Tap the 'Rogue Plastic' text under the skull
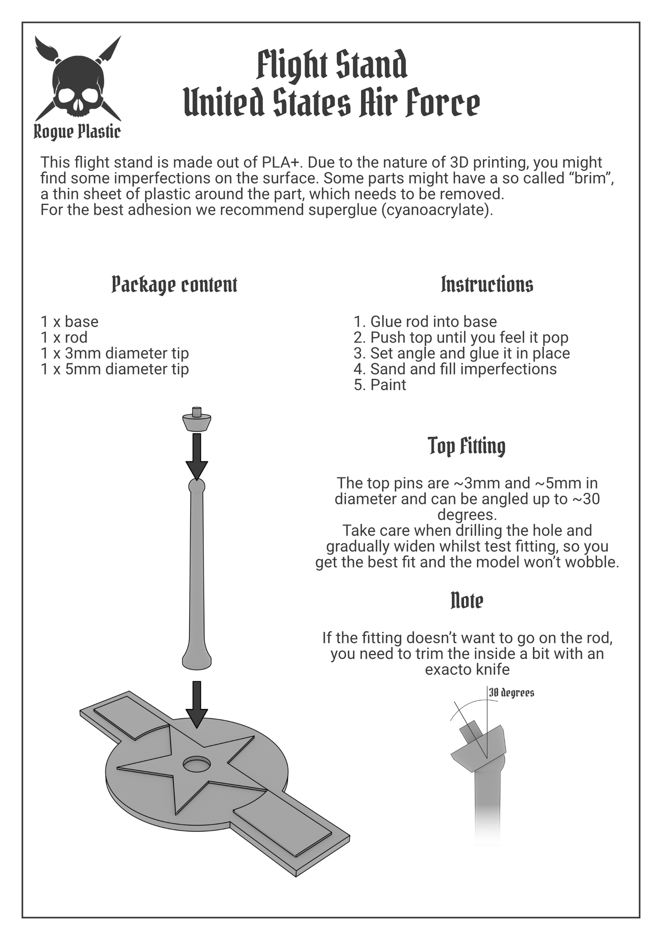[77, 132]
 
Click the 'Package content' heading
[175, 285]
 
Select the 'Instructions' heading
[487, 284]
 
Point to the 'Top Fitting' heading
[467, 446]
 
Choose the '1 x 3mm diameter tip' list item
[115, 353]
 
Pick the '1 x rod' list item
[64, 337]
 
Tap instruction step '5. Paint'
[380, 385]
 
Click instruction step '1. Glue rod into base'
[425, 322]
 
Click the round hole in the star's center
[197, 764]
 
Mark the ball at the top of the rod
[197, 486]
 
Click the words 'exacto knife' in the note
[467, 669]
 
